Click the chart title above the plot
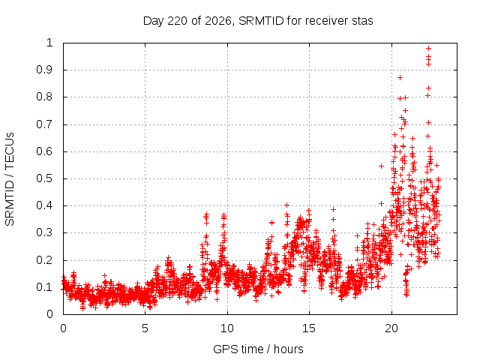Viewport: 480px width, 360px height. pos(258,21)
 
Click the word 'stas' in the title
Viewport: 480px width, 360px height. pos(361,21)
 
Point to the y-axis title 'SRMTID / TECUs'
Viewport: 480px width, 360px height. pos(10,179)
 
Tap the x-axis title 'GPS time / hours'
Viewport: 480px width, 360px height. pos(258,349)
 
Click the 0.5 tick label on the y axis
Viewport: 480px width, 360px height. pos(45,178)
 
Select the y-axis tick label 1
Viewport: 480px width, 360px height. pos(49,43)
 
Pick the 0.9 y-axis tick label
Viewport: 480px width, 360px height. pos(45,70)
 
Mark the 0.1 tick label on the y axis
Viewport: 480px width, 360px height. pos(45,287)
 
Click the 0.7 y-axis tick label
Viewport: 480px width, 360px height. pos(45,124)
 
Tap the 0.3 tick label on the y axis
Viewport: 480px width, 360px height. pos(45,232)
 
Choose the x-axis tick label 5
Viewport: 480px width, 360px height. pos(145,328)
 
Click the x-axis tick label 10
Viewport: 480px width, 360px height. pos(227,328)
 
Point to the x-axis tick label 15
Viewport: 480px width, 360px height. pos(309,328)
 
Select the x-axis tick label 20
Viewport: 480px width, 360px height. pos(391,328)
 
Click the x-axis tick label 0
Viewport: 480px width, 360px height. pos(63,328)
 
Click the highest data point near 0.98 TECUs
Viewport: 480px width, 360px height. pos(428,48)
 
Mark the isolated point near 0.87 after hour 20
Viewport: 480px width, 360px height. pos(400,78)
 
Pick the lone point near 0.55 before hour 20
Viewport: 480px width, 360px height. pos(381,166)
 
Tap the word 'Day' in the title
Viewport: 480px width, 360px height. pos(153,21)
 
